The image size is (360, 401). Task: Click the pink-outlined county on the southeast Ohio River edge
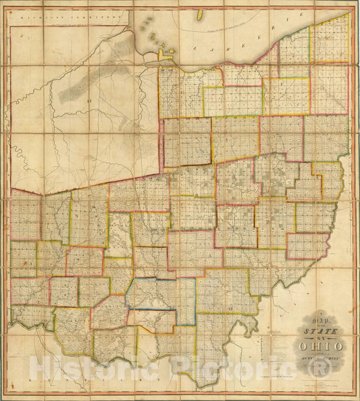click(307, 245)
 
